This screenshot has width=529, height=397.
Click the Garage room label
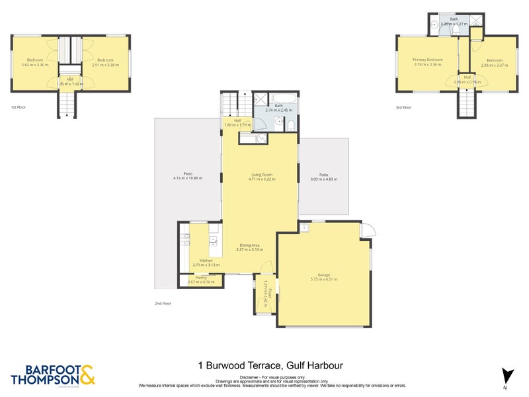(323, 275)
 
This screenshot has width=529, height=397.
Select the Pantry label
(201, 277)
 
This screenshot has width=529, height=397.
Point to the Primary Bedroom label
(428, 60)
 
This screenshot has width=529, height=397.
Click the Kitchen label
(206, 260)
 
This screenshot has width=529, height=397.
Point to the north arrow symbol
(507, 375)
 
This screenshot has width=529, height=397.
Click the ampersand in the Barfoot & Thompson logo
(87, 375)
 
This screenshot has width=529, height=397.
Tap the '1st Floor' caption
(18, 107)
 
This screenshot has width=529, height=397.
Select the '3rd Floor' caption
(403, 107)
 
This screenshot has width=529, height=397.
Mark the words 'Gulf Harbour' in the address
(314, 365)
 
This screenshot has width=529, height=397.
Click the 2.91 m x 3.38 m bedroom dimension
(106, 65)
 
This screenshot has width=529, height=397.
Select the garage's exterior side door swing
(369, 231)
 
